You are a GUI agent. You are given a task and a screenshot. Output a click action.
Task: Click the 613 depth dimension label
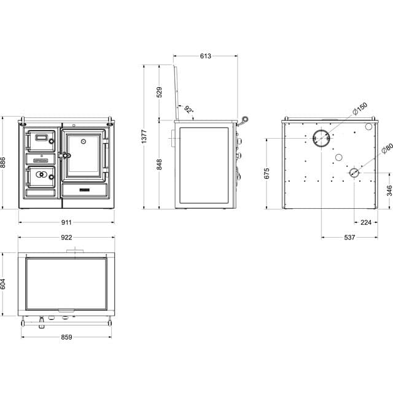tap(205, 56)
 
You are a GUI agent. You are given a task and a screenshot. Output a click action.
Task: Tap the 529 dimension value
tap(160, 92)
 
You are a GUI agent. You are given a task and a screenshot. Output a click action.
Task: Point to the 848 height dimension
tap(160, 165)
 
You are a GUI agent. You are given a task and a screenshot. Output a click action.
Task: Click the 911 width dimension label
tap(67, 222)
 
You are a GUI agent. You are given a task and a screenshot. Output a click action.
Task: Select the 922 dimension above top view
tap(67, 238)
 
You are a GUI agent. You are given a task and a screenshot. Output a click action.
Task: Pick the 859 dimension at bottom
tap(67, 337)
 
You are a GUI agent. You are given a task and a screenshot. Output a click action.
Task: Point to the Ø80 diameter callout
tap(386, 149)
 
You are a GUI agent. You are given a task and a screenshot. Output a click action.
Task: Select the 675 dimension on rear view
tap(267, 174)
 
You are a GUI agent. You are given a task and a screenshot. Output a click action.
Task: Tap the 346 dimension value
tap(388, 190)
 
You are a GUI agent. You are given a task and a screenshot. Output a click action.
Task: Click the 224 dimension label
tap(366, 222)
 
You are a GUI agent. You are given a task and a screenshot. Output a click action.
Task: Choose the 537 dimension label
tap(349, 238)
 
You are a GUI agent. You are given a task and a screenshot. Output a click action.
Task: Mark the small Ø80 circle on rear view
tap(355, 173)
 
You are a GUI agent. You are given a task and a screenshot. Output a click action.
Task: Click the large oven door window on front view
tap(84, 154)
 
